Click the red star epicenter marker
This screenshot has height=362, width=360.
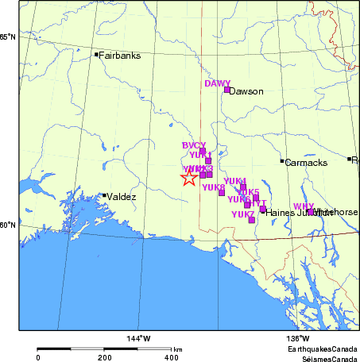(188, 177)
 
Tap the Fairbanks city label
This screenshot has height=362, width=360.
(119, 56)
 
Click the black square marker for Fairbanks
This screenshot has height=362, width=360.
(96, 55)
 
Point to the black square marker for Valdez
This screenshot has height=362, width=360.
(104, 195)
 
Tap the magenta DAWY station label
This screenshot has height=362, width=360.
(217, 83)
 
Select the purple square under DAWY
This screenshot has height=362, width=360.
(226, 90)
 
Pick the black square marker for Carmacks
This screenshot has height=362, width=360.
(282, 161)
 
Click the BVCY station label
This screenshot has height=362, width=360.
(194, 145)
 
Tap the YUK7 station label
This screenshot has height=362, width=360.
(242, 214)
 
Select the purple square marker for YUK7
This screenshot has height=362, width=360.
(251, 220)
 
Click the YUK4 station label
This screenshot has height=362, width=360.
(234, 181)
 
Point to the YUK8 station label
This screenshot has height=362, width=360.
(213, 188)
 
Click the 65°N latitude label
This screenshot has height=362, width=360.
(7, 37)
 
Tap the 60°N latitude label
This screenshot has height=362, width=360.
(7, 225)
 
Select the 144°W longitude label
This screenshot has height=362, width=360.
(138, 340)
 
